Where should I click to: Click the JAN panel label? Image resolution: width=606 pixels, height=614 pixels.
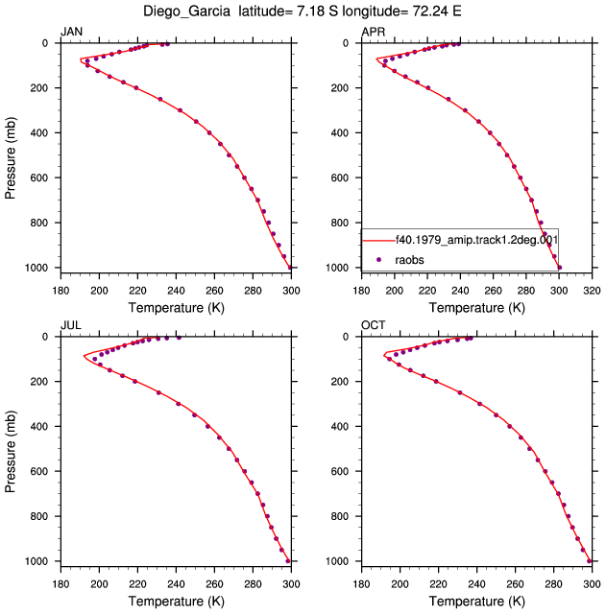(x=71, y=32)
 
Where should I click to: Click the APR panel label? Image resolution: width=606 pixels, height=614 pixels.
(x=374, y=32)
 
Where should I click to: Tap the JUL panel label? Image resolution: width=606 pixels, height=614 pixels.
(x=71, y=325)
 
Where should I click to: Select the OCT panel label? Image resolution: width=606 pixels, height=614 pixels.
(x=374, y=325)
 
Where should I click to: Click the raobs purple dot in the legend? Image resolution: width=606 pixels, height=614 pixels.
(x=378, y=260)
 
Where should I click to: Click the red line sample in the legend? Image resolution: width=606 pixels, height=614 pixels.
(x=378, y=240)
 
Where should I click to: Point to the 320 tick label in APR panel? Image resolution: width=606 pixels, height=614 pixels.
(x=592, y=291)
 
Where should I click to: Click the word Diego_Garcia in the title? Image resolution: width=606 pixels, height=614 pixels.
(x=186, y=12)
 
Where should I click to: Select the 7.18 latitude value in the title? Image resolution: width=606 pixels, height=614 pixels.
(x=311, y=11)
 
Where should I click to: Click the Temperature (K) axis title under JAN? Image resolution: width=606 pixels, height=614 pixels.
(x=176, y=307)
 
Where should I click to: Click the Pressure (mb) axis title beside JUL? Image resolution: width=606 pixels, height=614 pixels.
(x=11, y=451)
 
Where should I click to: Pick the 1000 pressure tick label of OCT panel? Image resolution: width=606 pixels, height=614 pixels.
(x=337, y=561)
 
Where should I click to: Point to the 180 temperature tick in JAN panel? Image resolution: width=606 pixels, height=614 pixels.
(x=61, y=291)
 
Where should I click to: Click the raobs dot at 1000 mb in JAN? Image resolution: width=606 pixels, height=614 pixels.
(x=290, y=268)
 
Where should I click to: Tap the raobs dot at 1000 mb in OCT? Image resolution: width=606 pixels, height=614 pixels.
(x=589, y=561)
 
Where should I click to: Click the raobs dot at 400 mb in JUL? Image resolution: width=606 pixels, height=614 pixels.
(x=207, y=426)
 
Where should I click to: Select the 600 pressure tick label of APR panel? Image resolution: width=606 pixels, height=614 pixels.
(x=340, y=177)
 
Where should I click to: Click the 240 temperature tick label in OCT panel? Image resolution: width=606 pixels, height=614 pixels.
(x=476, y=584)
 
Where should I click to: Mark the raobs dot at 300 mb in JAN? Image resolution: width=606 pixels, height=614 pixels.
(x=180, y=110)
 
